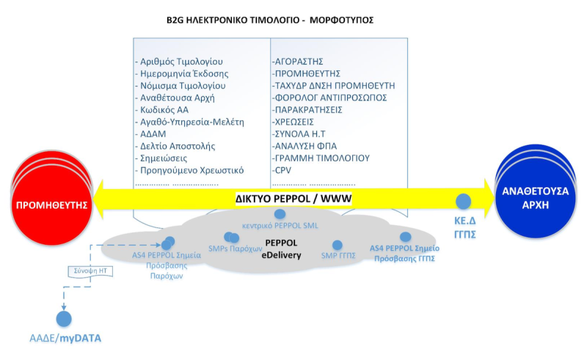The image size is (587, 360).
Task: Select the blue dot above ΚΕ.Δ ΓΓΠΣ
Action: click(463, 200)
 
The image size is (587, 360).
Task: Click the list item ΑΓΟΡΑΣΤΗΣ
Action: click(297, 61)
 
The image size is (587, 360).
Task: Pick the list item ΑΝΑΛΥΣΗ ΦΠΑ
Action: click(306, 145)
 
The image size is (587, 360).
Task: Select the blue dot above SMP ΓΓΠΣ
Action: click(338, 246)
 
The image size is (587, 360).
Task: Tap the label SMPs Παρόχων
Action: click(236, 249)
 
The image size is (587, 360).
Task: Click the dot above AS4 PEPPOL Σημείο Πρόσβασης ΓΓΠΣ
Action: click(405, 236)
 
